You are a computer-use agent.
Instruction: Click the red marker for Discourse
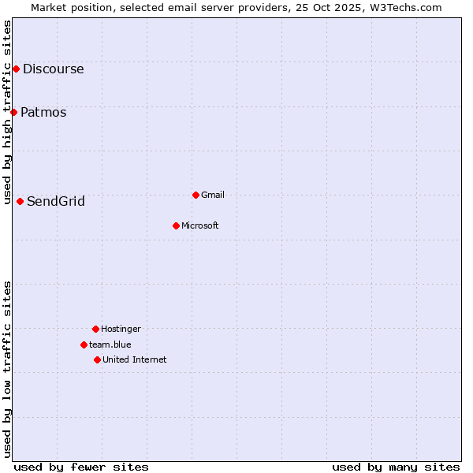click(x=16, y=69)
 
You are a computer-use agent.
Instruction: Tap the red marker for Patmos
click(x=13, y=112)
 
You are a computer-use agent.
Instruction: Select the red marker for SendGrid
click(x=20, y=201)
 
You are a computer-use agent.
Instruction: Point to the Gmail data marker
click(x=196, y=195)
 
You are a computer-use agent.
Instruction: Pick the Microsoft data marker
click(x=176, y=225)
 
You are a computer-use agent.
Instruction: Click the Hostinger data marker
click(x=95, y=329)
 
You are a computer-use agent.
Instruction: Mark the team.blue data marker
click(x=84, y=345)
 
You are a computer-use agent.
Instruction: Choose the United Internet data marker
click(x=97, y=359)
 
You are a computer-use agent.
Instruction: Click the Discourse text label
click(x=53, y=69)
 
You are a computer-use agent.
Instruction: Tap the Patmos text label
click(x=43, y=112)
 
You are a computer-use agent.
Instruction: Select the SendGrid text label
click(x=56, y=201)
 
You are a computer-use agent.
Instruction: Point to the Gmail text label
click(x=213, y=195)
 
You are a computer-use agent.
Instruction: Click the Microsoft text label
click(x=200, y=225)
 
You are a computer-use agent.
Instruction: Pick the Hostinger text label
click(x=121, y=329)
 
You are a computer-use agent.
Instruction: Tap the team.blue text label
click(x=110, y=345)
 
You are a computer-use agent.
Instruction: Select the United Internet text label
click(x=135, y=359)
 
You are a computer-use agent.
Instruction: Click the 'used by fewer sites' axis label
click(x=81, y=467)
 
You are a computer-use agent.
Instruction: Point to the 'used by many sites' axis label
click(x=396, y=467)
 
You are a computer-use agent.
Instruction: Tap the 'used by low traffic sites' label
click(x=8, y=369)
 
